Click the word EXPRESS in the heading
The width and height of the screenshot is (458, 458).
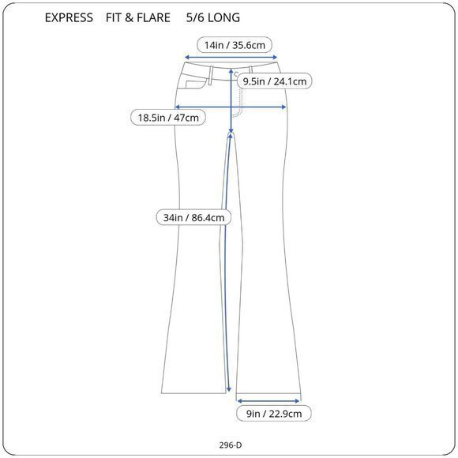pos(69,18)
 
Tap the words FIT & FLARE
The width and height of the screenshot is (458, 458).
pos(138,18)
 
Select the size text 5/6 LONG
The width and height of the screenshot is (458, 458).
pos(213,18)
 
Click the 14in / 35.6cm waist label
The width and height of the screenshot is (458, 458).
pos(235,45)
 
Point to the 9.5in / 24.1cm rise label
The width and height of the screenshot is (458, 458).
pos(275,81)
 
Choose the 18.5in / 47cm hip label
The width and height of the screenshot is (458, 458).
pos(168,118)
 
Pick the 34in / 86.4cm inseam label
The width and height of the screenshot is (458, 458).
pos(194,218)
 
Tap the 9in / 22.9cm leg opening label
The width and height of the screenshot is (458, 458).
pos(274,414)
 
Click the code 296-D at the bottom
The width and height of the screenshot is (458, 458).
pos(231,445)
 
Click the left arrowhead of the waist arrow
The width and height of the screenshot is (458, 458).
pos(187,57)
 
